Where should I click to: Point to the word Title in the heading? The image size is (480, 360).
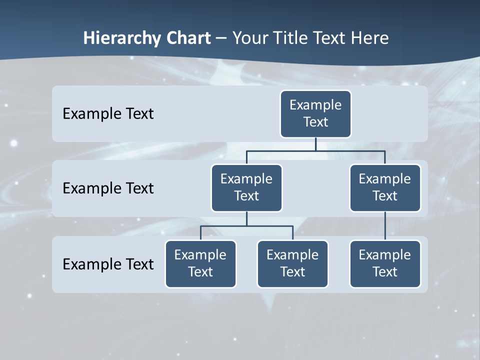coord(293,38)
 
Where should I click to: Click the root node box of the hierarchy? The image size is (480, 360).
coord(315,113)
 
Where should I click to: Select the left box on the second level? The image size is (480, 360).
coord(246,187)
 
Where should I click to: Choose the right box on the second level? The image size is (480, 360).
coord(385,187)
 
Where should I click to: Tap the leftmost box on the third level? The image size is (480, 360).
coord(200,263)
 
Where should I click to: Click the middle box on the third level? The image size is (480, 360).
coord(292,263)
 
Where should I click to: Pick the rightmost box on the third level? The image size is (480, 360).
coord(385,263)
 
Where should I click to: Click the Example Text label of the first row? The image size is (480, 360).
coord(108,114)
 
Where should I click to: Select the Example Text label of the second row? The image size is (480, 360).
coord(108,188)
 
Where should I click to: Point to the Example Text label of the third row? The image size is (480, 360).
coord(108,264)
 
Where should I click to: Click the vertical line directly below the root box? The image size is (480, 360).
coord(315,144)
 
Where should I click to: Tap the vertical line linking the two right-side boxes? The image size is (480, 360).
coord(385,226)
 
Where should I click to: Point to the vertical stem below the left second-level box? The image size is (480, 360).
coord(246,218)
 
